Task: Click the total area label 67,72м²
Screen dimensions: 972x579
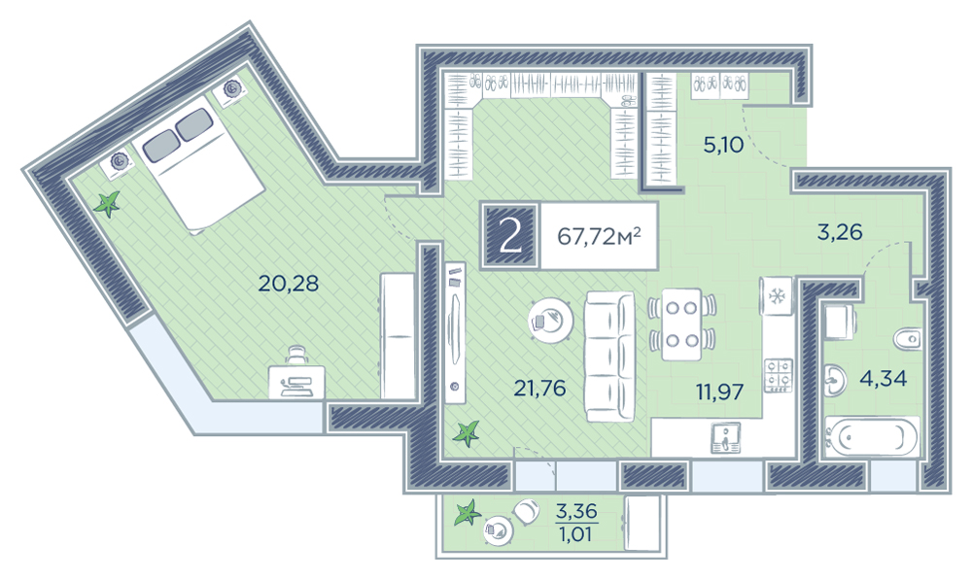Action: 599,236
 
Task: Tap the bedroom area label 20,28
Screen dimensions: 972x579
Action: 289,284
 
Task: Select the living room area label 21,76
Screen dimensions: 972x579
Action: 539,389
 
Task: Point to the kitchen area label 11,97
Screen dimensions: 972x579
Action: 719,392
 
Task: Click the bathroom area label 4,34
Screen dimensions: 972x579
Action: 883,378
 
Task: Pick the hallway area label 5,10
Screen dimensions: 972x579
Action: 723,145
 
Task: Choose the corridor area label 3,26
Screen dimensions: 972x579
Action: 840,232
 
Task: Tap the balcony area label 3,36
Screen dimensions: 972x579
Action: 576,511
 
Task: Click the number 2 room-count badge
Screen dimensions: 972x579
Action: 510,236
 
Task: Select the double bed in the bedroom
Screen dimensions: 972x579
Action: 198,164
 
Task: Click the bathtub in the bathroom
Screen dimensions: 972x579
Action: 872,438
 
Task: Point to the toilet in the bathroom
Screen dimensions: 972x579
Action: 908,339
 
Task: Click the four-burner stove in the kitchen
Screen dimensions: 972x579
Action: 779,375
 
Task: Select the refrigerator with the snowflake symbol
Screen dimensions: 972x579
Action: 776,296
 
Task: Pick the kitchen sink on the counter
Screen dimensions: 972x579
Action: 725,438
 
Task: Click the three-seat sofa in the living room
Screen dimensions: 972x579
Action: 610,357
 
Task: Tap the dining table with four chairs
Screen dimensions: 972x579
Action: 682,324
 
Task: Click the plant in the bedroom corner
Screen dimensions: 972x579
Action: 107,204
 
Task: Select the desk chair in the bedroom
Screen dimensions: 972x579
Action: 297,356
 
